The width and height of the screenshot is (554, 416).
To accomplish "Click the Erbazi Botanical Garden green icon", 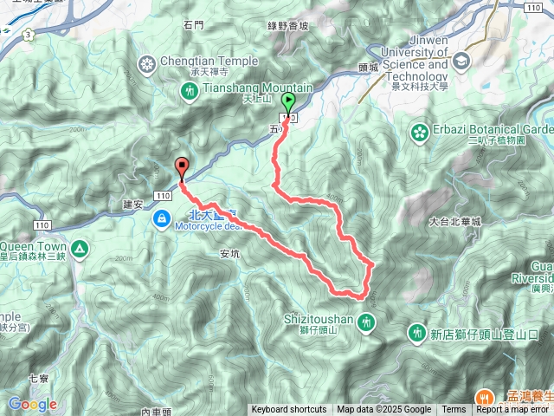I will [x=420, y=132].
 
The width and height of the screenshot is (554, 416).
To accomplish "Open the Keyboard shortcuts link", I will [x=289, y=410].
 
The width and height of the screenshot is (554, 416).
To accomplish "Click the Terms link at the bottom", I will [x=454, y=410].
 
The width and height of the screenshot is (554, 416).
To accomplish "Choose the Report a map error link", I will [x=513, y=410].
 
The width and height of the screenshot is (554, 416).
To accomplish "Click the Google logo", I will [x=32, y=405].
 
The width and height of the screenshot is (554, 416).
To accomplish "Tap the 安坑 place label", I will [x=229, y=254].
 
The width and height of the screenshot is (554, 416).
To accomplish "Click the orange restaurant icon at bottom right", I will [x=481, y=398].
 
